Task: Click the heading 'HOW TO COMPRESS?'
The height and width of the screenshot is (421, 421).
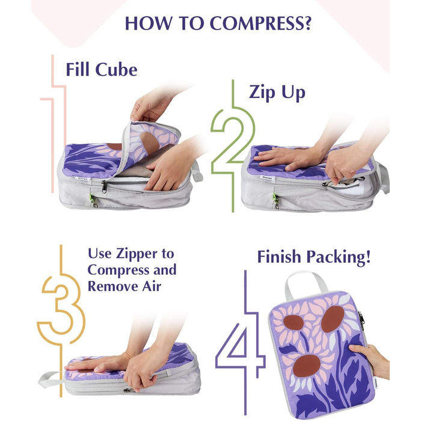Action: (x=218, y=23)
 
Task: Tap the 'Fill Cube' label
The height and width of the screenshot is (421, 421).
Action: (x=102, y=70)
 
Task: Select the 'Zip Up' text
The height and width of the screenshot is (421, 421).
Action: (x=277, y=93)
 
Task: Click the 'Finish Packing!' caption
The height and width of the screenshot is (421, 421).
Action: (x=314, y=257)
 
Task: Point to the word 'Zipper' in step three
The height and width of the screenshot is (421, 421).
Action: (x=137, y=254)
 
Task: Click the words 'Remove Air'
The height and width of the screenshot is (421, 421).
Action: (x=124, y=286)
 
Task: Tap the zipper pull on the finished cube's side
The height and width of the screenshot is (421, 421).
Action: (x=361, y=321)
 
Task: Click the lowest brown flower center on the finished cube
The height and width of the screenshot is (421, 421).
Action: (x=306, y=366)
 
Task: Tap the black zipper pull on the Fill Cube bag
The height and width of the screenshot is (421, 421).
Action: (x=104, y=186)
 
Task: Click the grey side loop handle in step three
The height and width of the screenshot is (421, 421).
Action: (x=51, y=380)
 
